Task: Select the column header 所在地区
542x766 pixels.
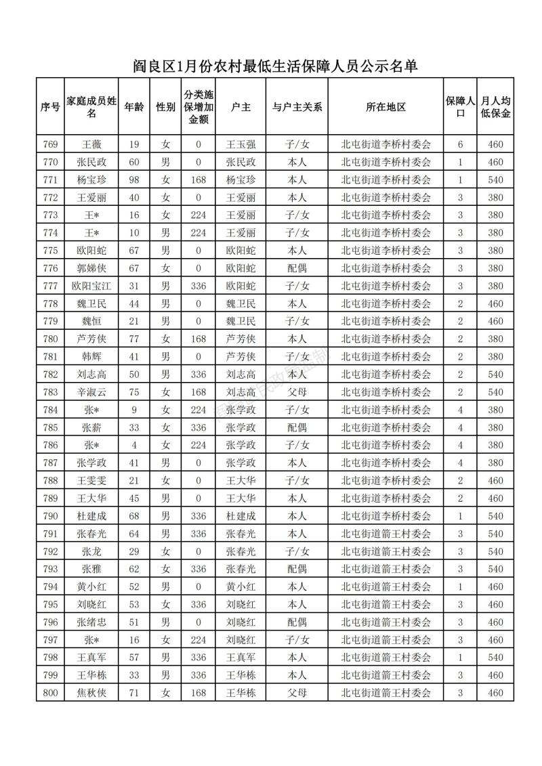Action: tap(385, 107)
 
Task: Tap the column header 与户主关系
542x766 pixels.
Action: tap(297, 107)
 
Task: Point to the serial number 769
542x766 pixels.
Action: tap(50, 144)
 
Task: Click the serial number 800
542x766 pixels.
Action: tap(50, 693)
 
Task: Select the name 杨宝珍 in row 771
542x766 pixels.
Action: tap(92, 179)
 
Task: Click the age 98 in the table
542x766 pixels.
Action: tap(134, 179)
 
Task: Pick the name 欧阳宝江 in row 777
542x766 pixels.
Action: tap(92, 286)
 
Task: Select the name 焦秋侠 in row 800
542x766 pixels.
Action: tap(92, 693)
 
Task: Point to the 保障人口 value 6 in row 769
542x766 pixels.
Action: tap(460, 144)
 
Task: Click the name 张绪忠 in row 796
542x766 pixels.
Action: tap(92, 622)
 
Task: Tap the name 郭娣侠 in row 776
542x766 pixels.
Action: tap(92, 268)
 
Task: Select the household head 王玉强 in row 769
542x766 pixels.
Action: tap(241, 144)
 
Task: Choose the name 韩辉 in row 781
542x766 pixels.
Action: tap(92, 356)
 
